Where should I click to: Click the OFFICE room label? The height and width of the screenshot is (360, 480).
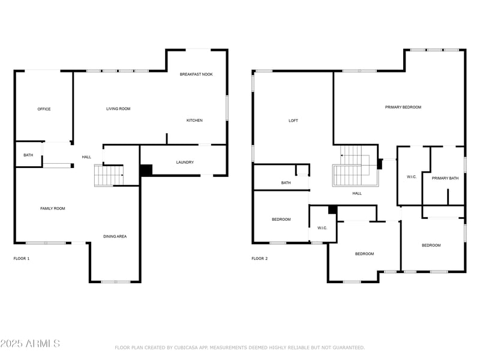44,109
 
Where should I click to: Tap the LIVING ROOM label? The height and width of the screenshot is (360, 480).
118,109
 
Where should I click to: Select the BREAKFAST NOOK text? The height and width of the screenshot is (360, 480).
196,74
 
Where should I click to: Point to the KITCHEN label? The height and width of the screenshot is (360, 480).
194,121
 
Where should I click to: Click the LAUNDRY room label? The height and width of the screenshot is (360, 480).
185,163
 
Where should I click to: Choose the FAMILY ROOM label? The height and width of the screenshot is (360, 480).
53,208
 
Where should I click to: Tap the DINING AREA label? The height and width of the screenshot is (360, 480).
115,236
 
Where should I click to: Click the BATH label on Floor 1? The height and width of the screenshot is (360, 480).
28,155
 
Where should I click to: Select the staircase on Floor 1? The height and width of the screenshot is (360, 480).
109,175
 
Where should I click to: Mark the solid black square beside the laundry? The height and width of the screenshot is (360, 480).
146,170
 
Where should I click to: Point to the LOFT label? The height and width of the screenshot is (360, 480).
293,121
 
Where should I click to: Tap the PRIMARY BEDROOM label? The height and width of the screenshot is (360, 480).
403,107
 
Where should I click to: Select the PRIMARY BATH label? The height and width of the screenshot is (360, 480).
445,178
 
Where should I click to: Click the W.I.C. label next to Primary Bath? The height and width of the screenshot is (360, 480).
412,176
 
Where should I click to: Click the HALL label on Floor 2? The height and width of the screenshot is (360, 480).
357,193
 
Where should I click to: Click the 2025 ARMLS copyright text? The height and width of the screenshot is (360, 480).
30,344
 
